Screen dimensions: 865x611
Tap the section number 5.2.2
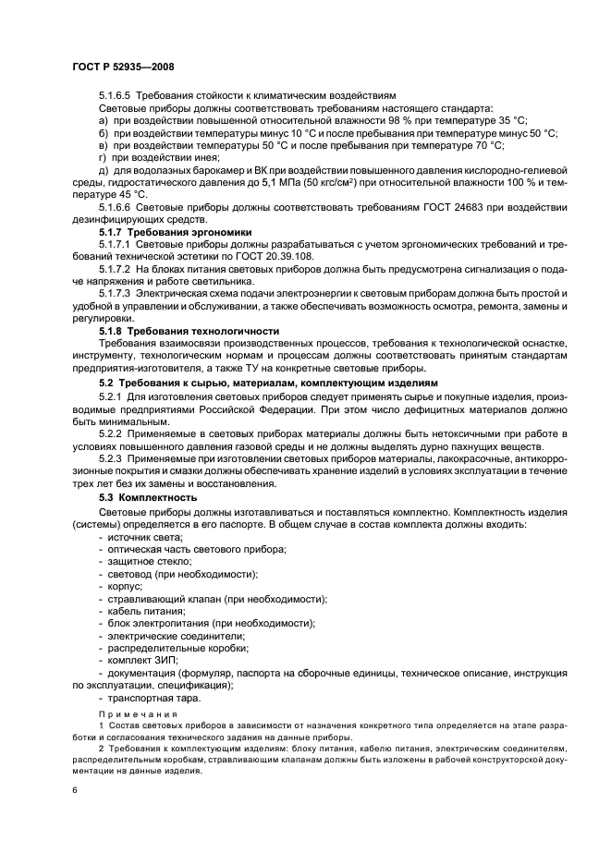tap(111, 432)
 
